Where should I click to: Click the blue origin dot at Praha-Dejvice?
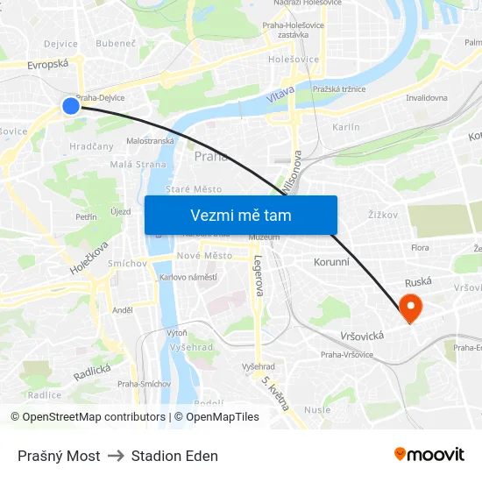point(71,105)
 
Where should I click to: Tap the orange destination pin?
point(409,307)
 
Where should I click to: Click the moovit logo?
point(429,454)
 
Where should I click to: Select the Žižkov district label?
point(383,213)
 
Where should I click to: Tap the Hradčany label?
point(91,146)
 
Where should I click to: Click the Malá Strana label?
point(138,164)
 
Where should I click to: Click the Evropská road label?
point(47,64)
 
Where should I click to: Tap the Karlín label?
point(346,127)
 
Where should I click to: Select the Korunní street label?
point(331,261)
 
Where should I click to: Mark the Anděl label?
point(122,309)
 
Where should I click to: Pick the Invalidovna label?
point(426,98)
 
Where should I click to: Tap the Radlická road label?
point(92,372)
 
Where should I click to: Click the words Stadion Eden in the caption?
point(174,456)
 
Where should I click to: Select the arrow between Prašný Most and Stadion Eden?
point(116,456)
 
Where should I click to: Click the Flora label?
point(421,248)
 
